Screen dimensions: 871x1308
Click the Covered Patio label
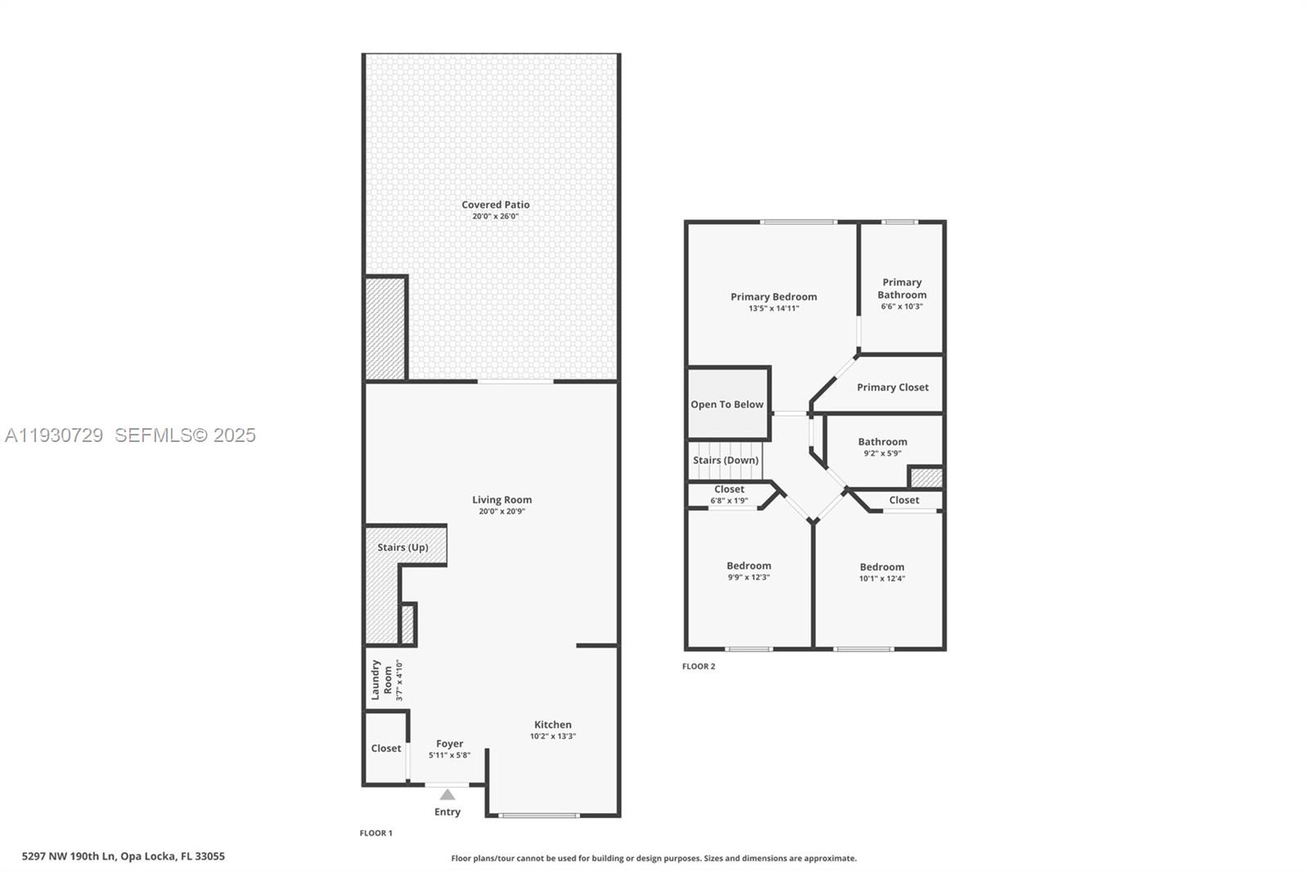point(495,205)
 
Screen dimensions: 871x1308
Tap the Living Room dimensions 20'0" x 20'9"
point(502,511)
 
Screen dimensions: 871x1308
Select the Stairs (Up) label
point(402,547)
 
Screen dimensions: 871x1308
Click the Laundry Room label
point(382,680)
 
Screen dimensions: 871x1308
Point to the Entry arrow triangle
point(447,794)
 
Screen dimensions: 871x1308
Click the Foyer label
point(450,744)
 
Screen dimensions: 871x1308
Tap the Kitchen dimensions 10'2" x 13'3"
point(553,736)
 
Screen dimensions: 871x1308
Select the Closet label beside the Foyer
point(386,748)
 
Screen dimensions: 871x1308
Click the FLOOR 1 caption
point(376,833)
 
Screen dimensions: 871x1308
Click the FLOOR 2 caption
point(699,667)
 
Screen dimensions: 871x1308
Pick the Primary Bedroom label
point(773,297)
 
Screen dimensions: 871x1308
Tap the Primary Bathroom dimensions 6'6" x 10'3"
point(902,306)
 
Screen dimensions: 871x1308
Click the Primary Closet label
point(893,387)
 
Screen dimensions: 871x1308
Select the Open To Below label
point(727,404)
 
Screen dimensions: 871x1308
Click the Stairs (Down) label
point(726,460)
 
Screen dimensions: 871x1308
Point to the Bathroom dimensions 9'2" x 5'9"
point(882,453)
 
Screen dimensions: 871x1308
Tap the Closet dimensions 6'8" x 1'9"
point(729,501)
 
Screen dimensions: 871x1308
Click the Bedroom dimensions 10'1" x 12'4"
point(882,578)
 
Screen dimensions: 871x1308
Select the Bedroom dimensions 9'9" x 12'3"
point(749,577)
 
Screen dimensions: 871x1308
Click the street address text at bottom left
point(123,856)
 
